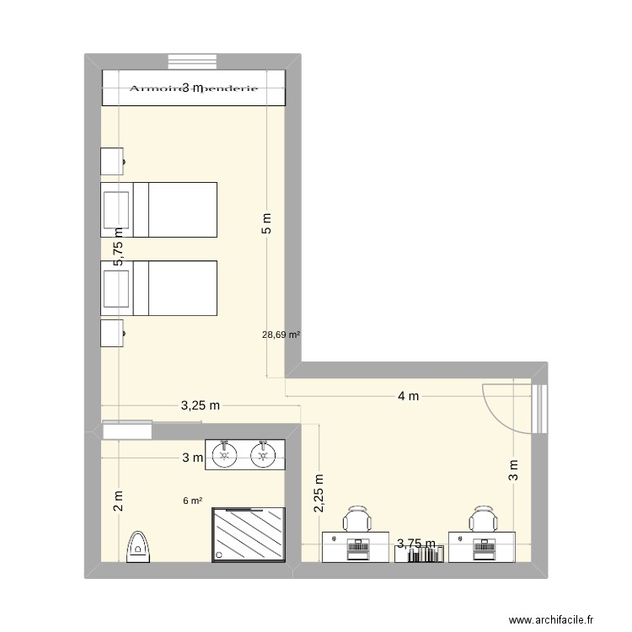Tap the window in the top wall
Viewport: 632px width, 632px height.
point(193,62)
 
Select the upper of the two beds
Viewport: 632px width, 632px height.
point(159,209)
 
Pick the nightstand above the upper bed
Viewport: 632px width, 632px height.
point(113,160)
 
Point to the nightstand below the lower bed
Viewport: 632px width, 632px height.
point(113,333)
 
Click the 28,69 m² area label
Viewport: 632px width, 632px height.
point(281,335)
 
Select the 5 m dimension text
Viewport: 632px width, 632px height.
point(267,221)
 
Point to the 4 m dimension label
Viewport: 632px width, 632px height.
point(408,398)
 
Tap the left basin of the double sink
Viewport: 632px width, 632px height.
point(224,454)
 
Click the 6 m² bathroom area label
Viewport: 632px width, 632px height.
point(192,501)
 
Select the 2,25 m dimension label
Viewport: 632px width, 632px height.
point(319,492)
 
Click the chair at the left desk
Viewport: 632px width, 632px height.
point(358,519)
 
